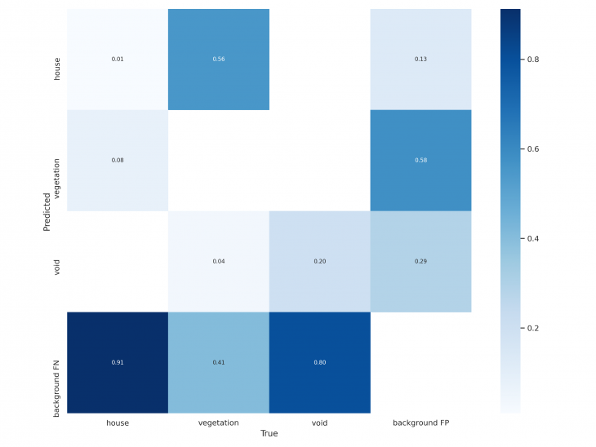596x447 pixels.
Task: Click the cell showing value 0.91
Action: [117, 362]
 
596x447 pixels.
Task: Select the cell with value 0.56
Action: [218, 60]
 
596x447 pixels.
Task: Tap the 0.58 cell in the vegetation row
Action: [420, 160]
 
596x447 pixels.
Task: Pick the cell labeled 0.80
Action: [319, 362]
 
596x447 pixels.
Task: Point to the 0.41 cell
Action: [218, 362]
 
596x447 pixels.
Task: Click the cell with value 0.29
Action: [420, 261]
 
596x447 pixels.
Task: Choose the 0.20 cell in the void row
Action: [319, 261]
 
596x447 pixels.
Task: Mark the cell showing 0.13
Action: [420, 60]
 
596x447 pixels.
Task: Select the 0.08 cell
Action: [117, 160]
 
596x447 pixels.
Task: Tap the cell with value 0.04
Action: [218, 261]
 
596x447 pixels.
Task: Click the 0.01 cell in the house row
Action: [117, 60]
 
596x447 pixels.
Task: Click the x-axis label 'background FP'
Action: [420, 423]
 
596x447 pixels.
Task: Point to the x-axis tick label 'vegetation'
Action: [218, 423]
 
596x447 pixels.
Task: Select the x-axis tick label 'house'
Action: [117, 423]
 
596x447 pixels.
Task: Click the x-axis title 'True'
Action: [269, 434]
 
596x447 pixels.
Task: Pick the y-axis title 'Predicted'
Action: [47, 210]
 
